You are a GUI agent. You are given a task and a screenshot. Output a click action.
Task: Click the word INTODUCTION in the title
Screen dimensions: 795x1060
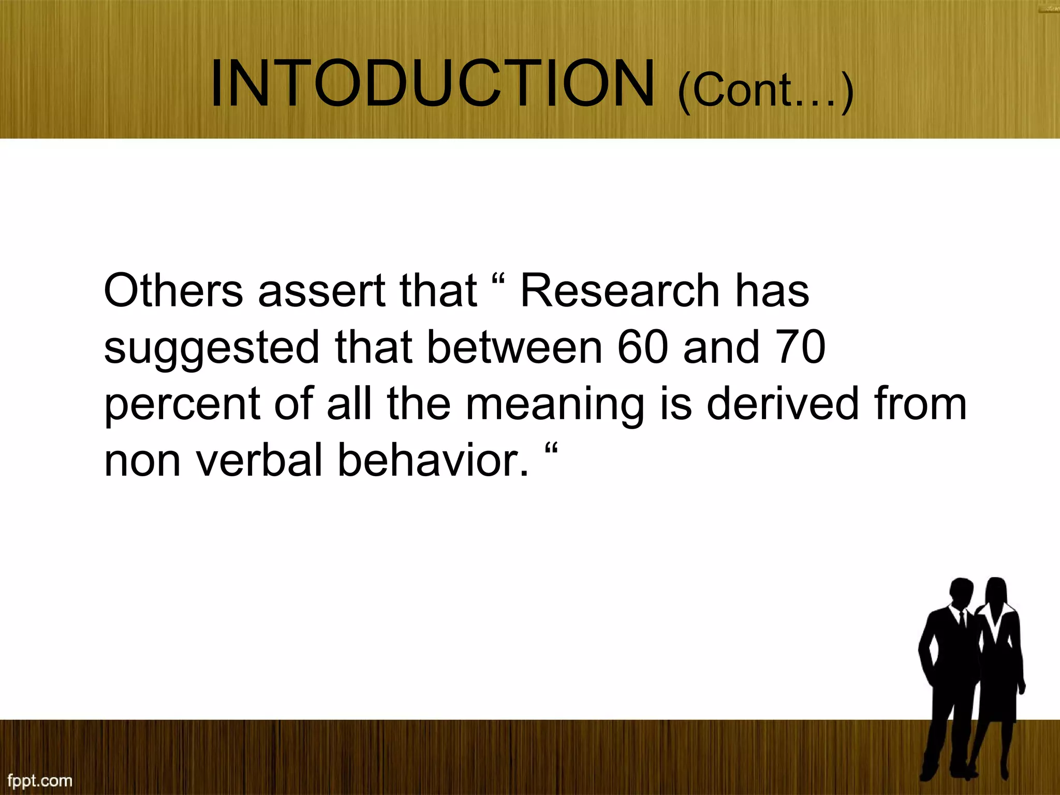432,84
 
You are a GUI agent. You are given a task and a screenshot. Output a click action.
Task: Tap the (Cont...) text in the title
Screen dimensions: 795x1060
765,91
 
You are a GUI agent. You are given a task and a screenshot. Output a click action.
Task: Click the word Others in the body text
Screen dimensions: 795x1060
173,290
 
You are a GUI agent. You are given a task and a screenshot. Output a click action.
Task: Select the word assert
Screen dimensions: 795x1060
321,290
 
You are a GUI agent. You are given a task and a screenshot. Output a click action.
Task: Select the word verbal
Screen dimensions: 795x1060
260,460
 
